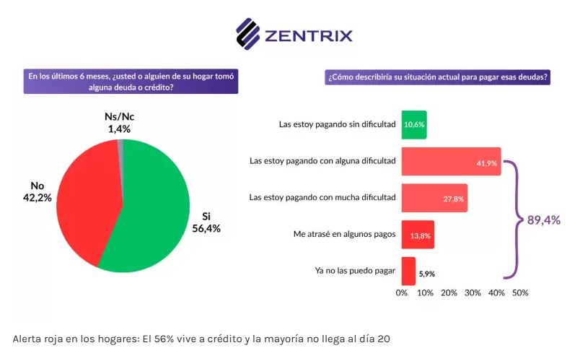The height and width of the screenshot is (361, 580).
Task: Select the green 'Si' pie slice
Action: click(x=159, y=209)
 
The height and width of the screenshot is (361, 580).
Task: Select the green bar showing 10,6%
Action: click(x=414, y=124)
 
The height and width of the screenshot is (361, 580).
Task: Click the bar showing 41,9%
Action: click(x=451, y=161)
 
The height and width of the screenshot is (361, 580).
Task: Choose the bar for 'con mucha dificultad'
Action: click(x=434, y=198)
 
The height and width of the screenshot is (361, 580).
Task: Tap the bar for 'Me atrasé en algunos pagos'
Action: click(x=418, y=235)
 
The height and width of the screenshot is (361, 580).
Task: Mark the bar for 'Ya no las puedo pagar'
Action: click(x=408, y=271)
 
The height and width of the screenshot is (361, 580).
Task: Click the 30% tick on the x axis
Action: click(x=473, y=292)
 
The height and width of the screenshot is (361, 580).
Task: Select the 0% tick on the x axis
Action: click(x=402, y=292)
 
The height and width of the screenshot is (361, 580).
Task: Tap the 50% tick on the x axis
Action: click(x=520, y=292)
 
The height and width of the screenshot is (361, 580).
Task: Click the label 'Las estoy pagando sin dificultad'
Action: click(x=337, y=124)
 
